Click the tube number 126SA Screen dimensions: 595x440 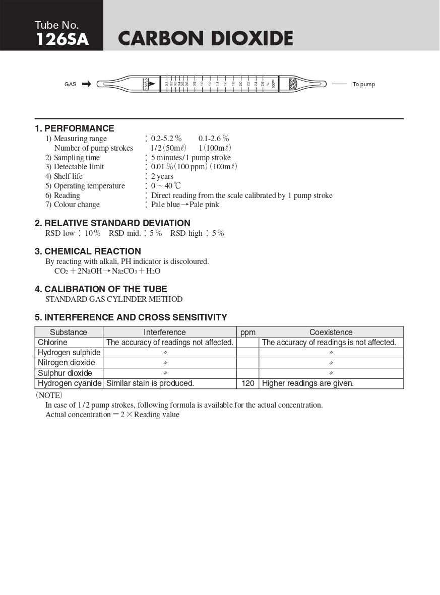(62, 39)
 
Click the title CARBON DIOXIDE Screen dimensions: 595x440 (205, 39)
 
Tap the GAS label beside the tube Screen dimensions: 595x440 (71, 84)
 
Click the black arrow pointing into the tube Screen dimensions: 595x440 (86, 84)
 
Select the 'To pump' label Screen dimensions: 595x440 (363, 84)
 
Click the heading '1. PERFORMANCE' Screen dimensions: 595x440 (74, 128)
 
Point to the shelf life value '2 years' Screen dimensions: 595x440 (162, 176)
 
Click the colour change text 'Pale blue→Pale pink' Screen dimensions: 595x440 (185, 205)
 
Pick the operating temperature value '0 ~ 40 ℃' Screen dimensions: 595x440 (166, 186)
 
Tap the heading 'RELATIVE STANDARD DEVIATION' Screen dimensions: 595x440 (117, 223)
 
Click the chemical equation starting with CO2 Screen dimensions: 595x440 (107, 271)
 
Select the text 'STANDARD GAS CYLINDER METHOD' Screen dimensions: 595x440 (114, 299)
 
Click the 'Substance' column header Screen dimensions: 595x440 (69, 333)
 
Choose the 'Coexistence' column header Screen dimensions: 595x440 (331, 333)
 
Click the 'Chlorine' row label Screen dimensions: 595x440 (52, 343)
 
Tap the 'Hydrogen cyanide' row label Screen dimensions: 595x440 (70, 383)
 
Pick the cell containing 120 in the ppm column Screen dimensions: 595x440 (248, 383)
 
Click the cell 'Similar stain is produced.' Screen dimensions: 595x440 (150, 383)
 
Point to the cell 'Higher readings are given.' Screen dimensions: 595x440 (308, 383)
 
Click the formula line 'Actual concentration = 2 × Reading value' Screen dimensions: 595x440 (112, 415)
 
